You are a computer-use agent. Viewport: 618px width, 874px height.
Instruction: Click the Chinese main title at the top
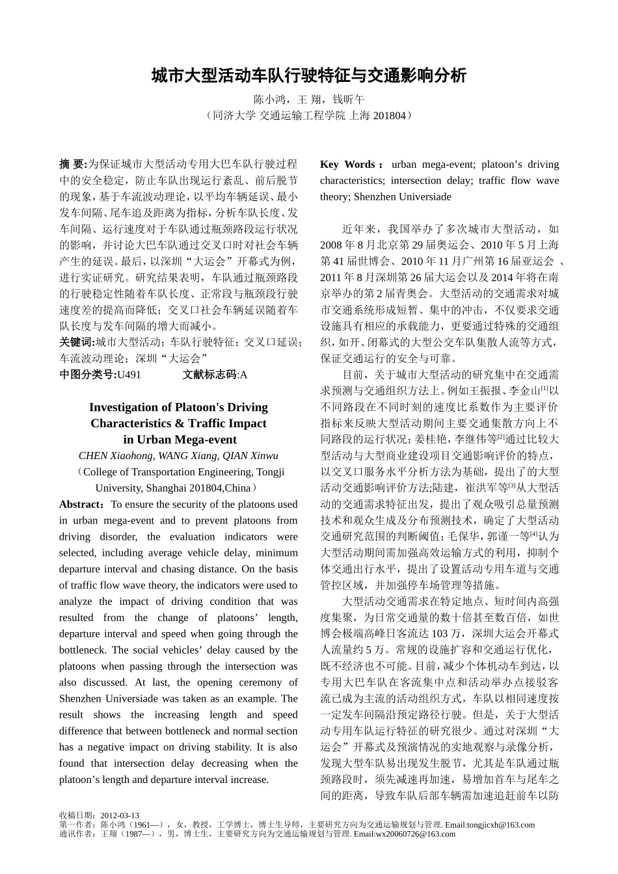point(309,75)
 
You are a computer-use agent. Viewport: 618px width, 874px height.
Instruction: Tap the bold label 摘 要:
point(73,164)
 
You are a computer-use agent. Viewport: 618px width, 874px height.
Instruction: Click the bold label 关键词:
point(77,341)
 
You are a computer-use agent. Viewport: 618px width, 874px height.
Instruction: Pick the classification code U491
point(128,374)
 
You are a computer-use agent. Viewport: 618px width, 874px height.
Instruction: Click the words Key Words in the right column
point(347,165)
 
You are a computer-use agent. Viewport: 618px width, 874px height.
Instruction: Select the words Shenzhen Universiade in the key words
point(402,196)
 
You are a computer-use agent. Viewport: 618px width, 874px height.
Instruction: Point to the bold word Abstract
point(79,505)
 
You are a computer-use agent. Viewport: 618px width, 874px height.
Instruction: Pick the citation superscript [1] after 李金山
point(544,388)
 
